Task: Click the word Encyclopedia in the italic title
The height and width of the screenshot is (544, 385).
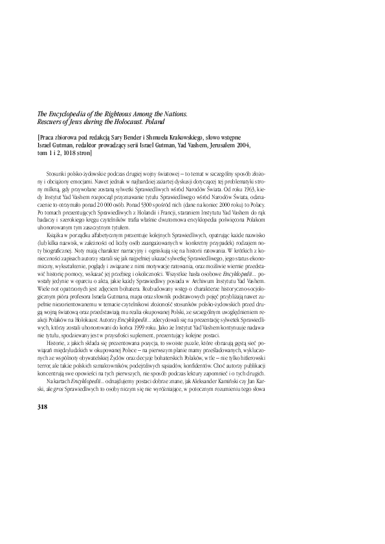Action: coord(53,114)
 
